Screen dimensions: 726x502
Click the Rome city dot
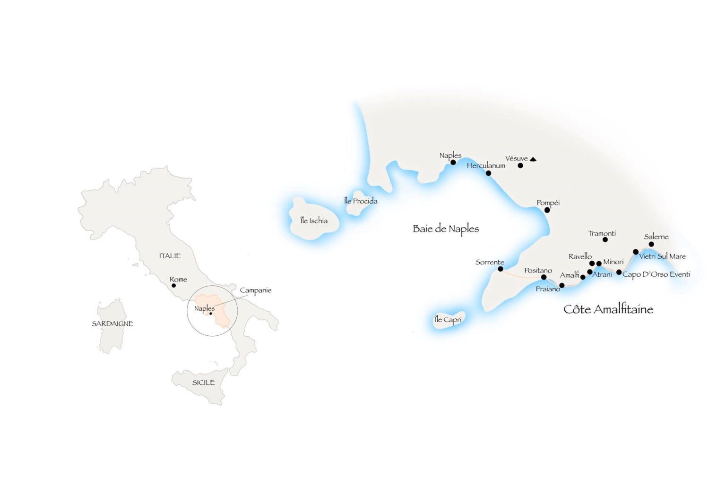173,285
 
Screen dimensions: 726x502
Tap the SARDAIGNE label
112,323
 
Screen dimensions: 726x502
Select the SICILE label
203,383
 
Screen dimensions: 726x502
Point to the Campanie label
255,290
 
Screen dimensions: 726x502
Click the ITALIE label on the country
170,255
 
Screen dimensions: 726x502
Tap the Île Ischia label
314,221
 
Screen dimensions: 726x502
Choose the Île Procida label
361,201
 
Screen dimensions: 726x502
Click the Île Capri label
448,320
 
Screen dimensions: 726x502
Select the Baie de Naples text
446,229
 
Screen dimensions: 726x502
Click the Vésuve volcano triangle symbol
533,159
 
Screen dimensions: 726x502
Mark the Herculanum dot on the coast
488,173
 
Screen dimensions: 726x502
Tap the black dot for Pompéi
547,210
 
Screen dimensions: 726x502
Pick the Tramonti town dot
605,240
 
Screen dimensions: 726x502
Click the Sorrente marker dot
501,269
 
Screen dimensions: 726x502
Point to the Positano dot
544,277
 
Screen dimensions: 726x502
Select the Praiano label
548,289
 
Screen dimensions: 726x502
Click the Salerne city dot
651,244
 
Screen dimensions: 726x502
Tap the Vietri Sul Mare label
662,256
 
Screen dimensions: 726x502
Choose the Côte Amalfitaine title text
608,309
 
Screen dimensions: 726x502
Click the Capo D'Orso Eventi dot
619,272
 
